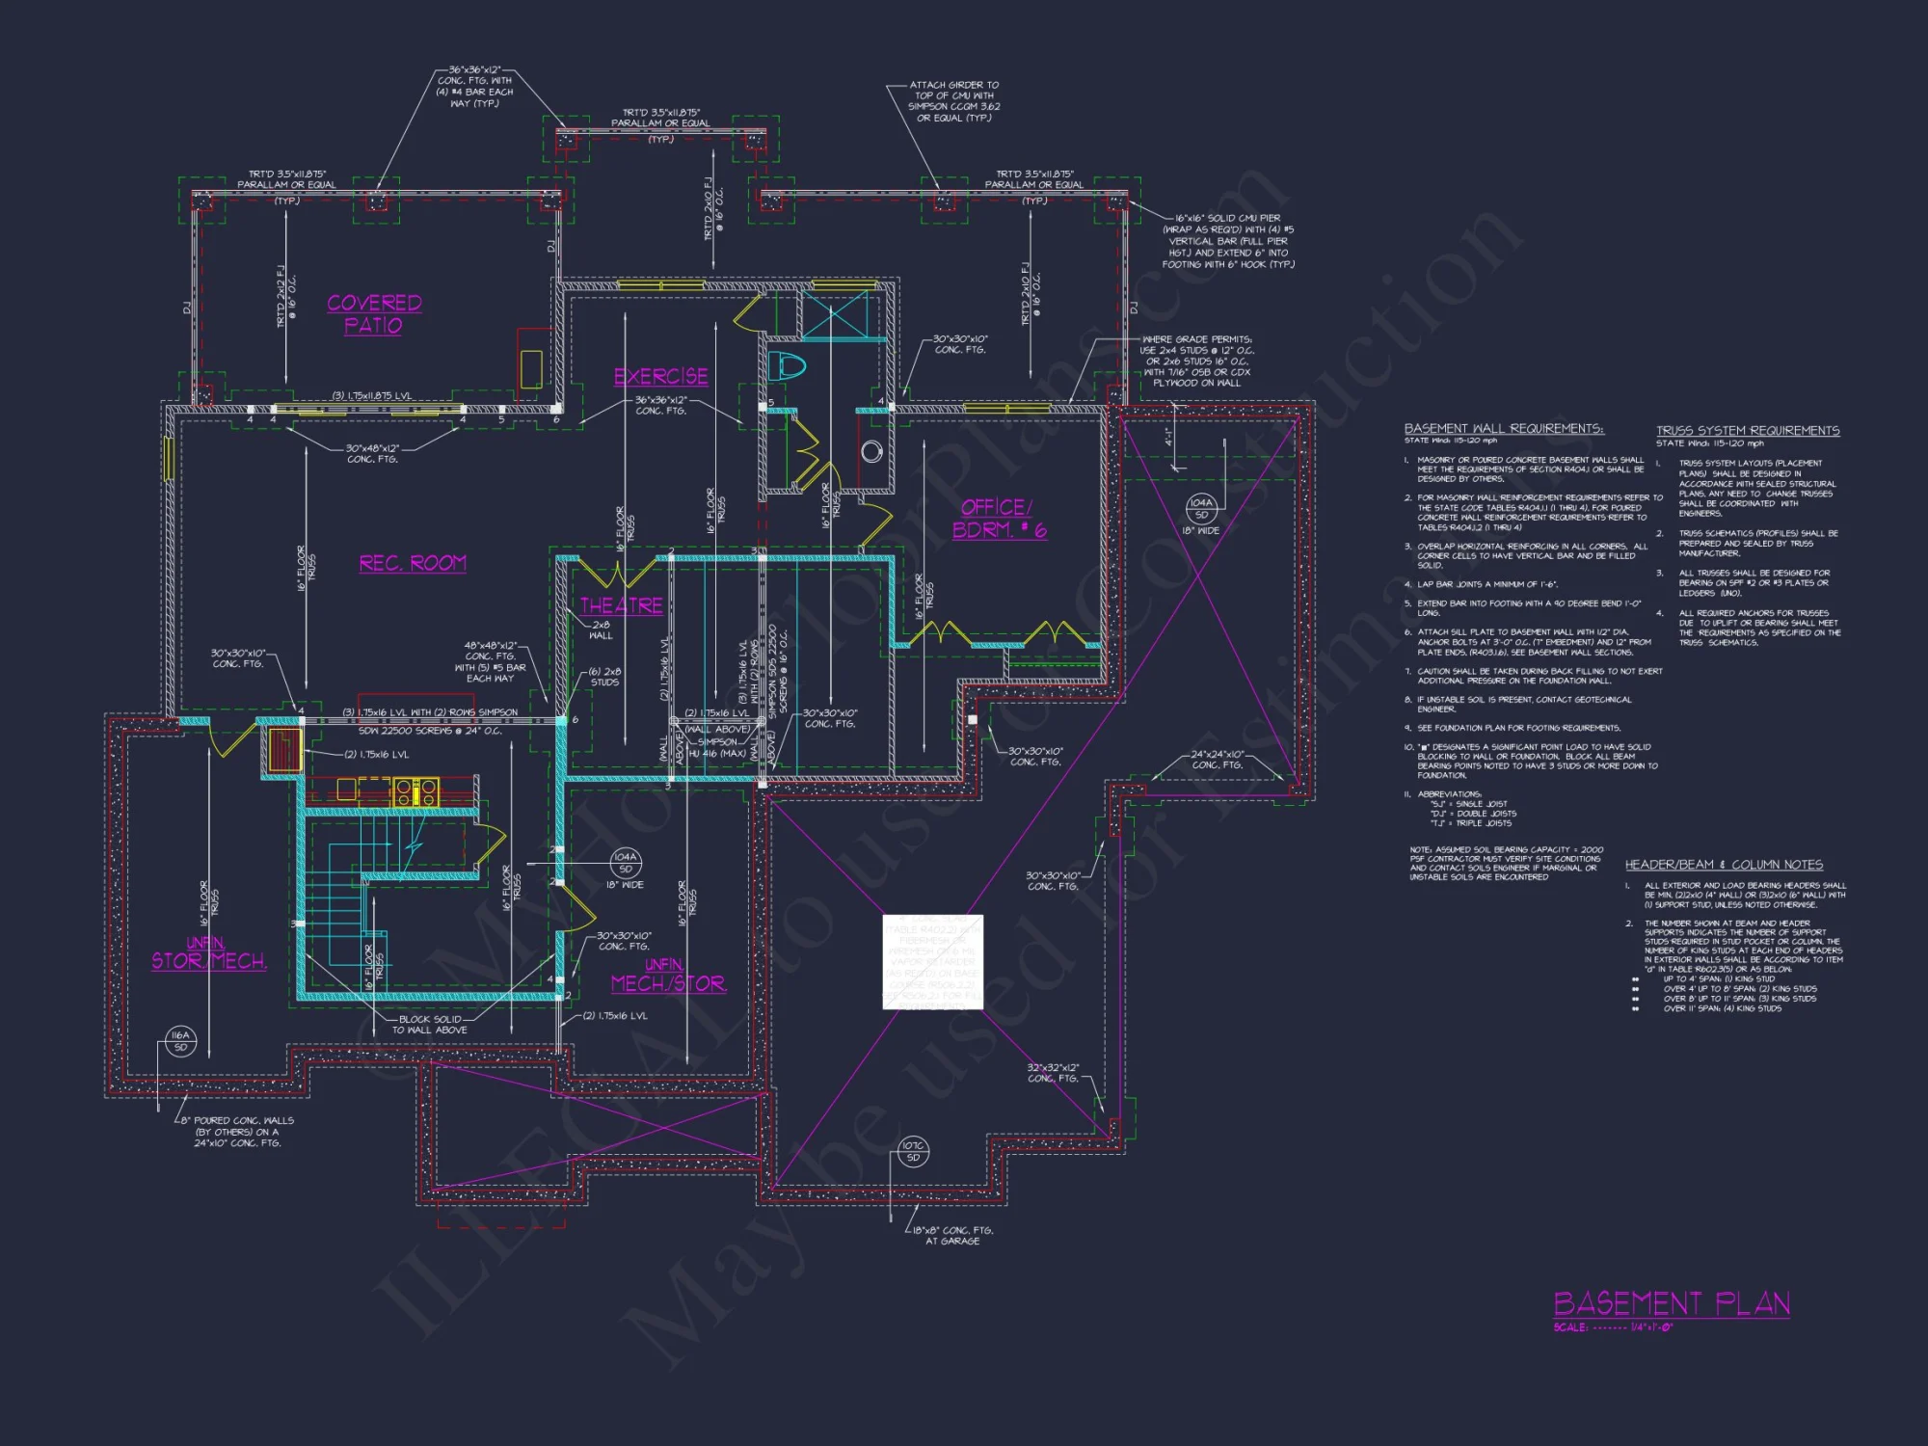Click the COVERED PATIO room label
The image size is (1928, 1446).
coord(374,314)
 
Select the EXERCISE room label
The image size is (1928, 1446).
coord(661,377)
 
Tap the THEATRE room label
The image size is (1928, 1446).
coord(621,605)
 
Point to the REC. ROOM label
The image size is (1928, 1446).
coord(413,564)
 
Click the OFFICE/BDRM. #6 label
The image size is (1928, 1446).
coord(999,519)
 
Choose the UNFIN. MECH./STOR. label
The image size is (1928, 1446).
coord(668,977)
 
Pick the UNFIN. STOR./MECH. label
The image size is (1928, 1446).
coord(208,953)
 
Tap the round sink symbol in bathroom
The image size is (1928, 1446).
coord(871,451)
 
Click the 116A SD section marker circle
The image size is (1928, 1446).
coord(180,1041)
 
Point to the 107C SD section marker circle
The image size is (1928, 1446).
coord(913,1151)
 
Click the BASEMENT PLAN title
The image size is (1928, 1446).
coord(1672,1304)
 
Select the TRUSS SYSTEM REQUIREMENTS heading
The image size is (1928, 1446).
coord(1747,431)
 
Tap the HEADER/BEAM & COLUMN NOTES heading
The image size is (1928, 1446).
coord(1724,865)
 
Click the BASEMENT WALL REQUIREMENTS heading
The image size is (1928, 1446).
coord(1503,429)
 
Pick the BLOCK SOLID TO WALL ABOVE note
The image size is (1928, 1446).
coord(430,1025)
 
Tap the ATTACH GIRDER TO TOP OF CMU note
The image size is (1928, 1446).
coord(953,101)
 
